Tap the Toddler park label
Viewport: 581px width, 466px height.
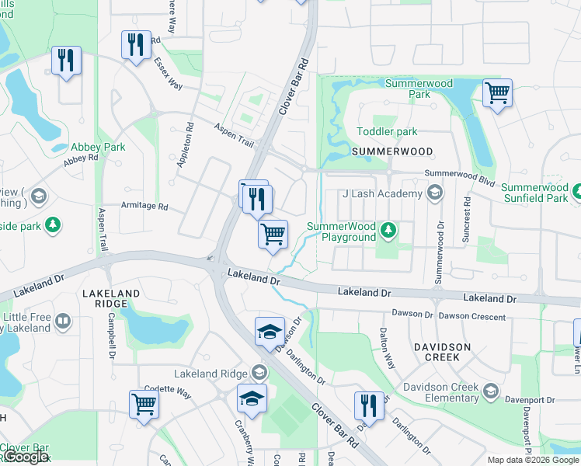click(x=387, y=132)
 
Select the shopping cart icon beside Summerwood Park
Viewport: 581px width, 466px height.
click(x=497, y=94)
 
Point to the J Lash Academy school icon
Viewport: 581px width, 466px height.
click(x=435, y=193)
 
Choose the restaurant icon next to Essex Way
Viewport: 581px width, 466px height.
click(x=137, y=44)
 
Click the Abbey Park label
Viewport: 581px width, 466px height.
click(x=98, y=147)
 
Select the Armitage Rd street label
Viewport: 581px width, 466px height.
click(x=144, y=207)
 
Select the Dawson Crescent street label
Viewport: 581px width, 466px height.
click(x=471, y=316)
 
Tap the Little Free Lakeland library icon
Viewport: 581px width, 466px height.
click(x=63, y=320)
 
